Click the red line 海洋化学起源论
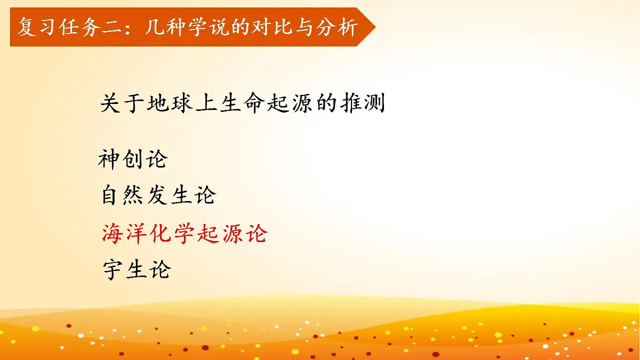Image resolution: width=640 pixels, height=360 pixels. [185, 233]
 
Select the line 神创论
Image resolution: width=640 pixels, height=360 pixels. [133, 159]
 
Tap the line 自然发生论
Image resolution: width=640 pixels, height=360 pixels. [158, 196]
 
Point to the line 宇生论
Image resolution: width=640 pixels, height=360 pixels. [136, 269]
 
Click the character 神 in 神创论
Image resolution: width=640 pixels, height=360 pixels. [109, 159]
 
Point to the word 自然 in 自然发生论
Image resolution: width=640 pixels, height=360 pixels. [124, 196]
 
